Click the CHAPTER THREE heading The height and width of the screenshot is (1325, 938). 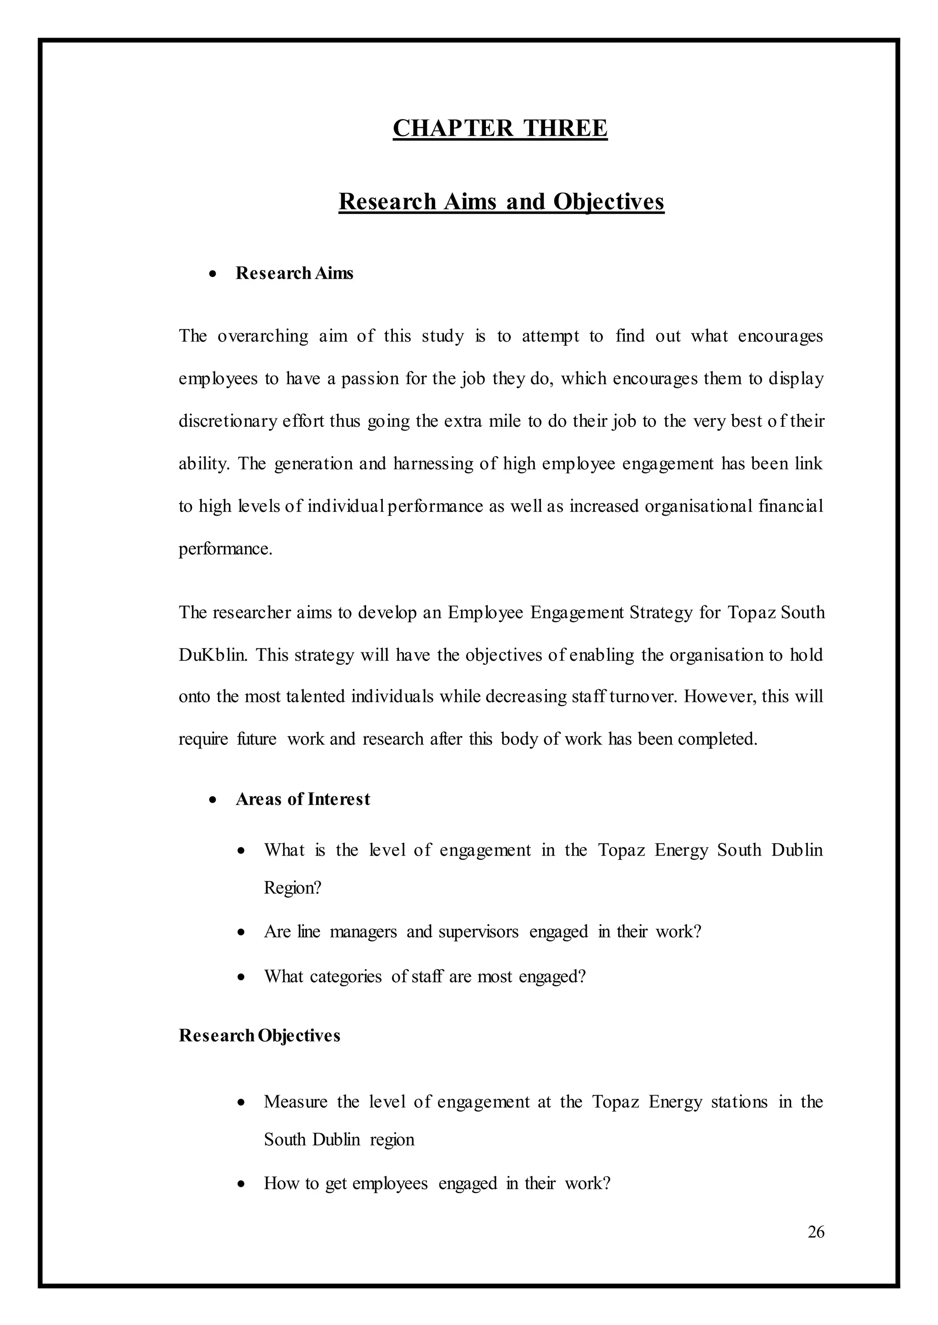500,128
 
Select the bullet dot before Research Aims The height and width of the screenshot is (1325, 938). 213,274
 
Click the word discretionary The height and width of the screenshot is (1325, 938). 228,421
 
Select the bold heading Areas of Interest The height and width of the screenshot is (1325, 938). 303,799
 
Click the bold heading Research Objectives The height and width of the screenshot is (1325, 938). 259,1035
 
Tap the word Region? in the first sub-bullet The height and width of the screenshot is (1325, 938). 292,887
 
